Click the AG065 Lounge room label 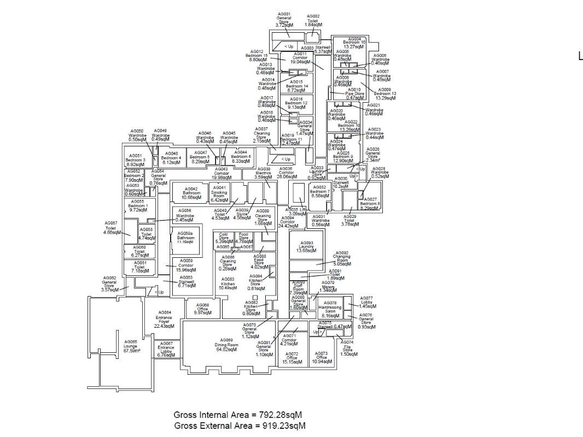[x=131, y=346]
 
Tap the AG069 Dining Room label [x=226, y=345]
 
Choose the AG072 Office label [x=292, y=358]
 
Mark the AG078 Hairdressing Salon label [x=330, y=309]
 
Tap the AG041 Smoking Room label [x=219, y=194]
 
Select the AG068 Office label [x=202, y=309]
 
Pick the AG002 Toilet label [x=313, y=21]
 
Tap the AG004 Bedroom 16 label [x=354, y=43]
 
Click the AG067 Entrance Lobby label [x=166, y=349]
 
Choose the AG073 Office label [x=321, y=358]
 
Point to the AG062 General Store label [x=109, y=284]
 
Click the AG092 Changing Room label [x=342, y=258]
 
